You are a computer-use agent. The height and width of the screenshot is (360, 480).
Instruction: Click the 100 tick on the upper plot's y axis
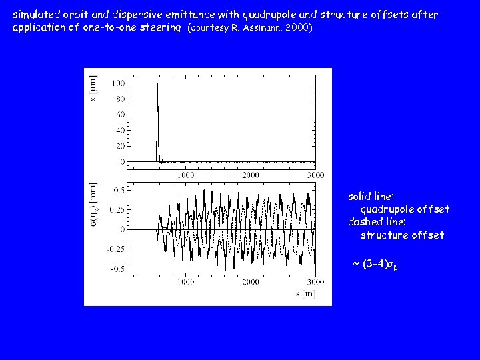point(118,83)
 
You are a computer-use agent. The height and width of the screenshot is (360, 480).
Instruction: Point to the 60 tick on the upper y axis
point(120,115)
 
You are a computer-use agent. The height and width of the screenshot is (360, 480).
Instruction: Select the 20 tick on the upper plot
point(120,146)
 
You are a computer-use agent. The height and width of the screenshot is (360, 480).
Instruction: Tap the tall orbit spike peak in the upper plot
point(157,85)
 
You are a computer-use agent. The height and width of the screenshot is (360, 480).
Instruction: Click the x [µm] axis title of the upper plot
point(93,89)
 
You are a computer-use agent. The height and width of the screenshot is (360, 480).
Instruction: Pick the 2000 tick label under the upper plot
point(250,175)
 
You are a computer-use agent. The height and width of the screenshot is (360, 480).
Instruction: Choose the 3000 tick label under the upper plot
point(315,175)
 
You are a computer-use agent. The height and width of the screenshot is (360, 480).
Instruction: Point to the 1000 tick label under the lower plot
point(185,282)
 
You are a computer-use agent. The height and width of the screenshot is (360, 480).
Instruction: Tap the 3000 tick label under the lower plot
point(315,282)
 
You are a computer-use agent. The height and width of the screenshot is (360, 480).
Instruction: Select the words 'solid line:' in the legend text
point(371,197)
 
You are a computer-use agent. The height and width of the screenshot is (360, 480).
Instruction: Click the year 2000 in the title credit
point(297,28)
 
